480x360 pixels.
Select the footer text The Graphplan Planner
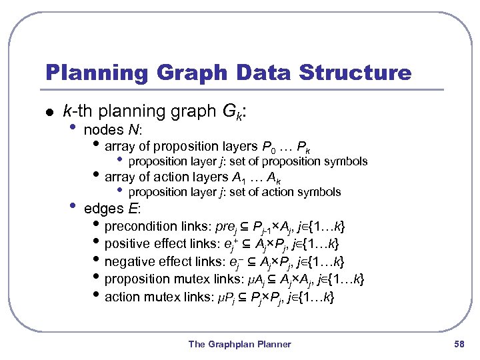click(x=239, y=344)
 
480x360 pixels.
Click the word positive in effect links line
click(x=127, y=243)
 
